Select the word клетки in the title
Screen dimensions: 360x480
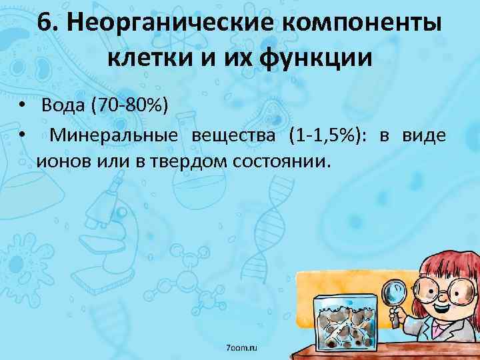(146, 59)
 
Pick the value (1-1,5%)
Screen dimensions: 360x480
(327, 136)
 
